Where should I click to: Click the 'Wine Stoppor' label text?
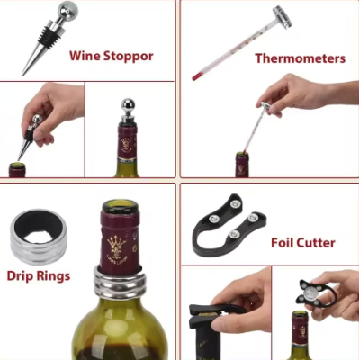[x=111, y=56]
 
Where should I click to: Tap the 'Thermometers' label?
[x=300, y=58]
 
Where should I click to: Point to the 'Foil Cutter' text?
[x=302, y=242]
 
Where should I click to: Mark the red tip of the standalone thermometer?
[x=195, y=77]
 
